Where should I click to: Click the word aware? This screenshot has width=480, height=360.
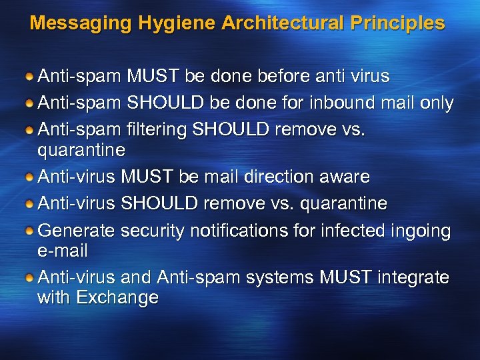(347, 177)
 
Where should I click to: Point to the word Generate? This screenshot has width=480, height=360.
(77, 231)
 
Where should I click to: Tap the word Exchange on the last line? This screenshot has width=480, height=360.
(118, 297)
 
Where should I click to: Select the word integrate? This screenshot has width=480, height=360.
(413, 277)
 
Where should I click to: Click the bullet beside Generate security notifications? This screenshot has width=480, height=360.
(29, 231)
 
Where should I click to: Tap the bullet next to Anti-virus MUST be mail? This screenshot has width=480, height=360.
(29, 177)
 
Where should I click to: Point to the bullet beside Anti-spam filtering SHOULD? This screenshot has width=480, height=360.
(29, 130)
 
